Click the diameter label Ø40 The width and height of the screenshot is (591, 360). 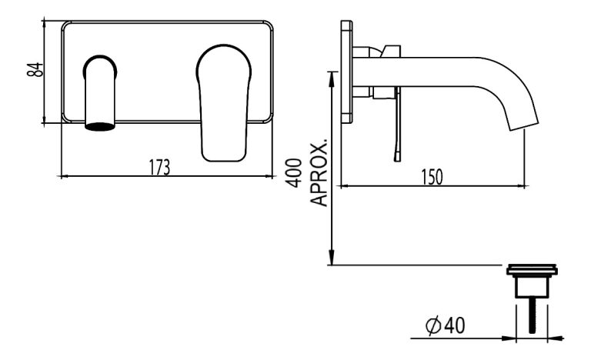click(x=444, y=328)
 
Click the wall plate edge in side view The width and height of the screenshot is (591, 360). click(x=346, y=73)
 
